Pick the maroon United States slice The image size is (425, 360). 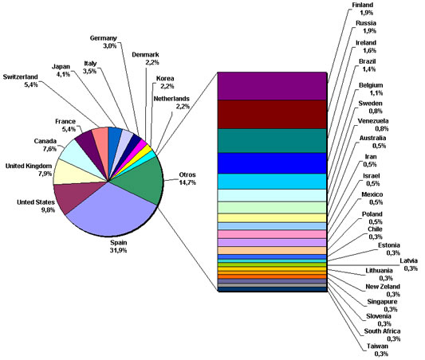coord(76,195)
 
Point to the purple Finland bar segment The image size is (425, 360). coord(272,86)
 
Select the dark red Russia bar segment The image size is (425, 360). coord(272,114)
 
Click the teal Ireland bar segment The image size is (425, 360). coord(272,141)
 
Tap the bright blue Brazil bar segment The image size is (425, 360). coord(272,163)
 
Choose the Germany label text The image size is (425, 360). coord(104,38)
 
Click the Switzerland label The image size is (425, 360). coord(20,77)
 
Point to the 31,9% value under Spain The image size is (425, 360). coord(118,250)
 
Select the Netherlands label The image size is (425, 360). coord(171,99)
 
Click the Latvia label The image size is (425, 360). coord(409,260)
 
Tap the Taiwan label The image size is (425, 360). coord(377,346)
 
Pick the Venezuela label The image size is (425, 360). coord(373,121)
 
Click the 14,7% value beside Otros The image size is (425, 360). coord(187,182)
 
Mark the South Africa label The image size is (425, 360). coord(382,331)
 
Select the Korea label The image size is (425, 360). coord(165,79)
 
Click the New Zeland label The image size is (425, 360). coord(383,287)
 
